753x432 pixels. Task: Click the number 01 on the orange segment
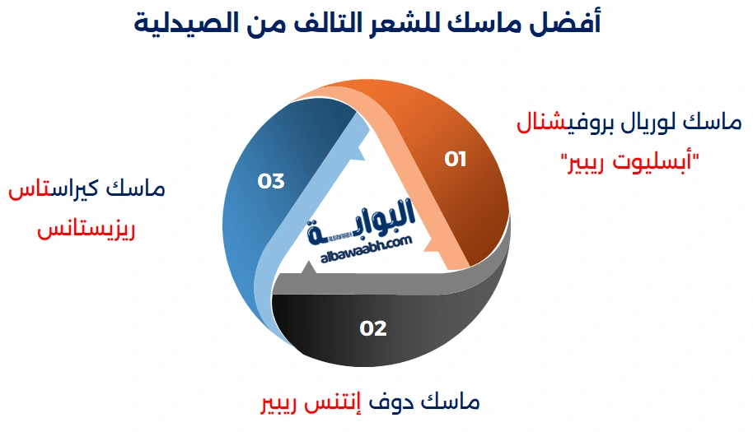coord(456,159)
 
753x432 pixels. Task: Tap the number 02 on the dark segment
coord(373,328)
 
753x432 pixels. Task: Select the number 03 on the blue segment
coord(271,181)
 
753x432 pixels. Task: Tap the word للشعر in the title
coord(431,23)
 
